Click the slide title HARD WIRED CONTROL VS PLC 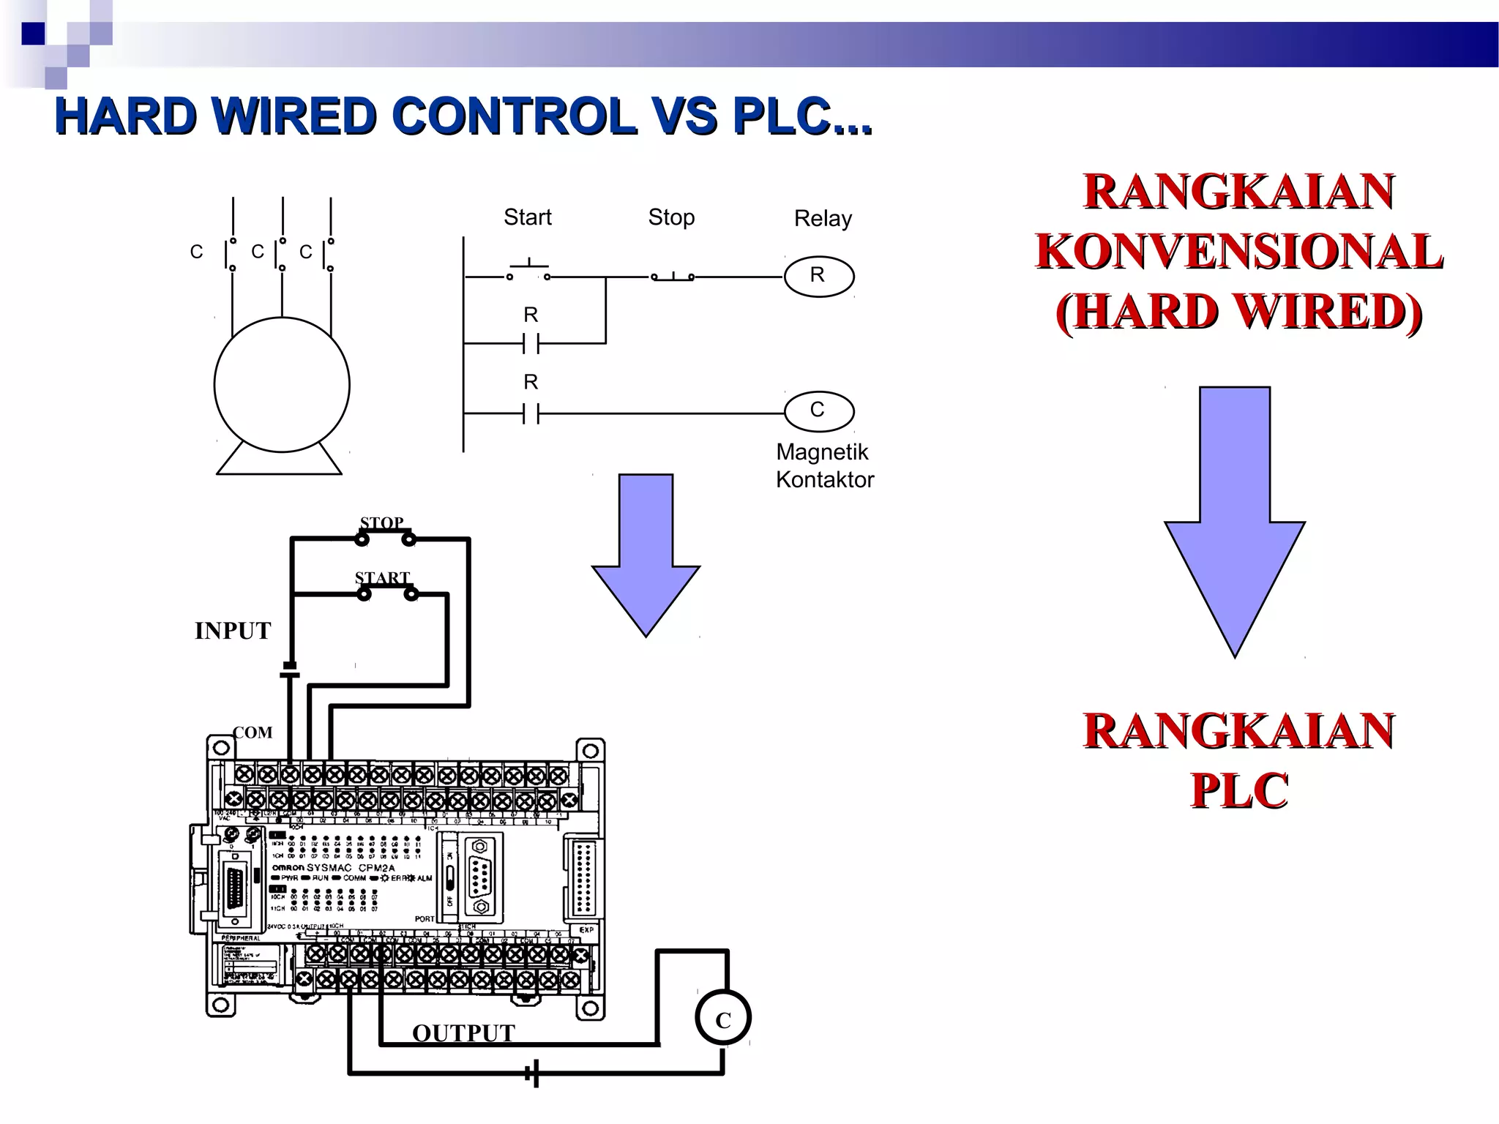coord(463,117)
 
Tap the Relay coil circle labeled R coord(818,276)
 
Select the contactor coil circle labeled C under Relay coord(818,411)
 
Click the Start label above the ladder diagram coord(527,217)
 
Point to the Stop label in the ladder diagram coord(671,217)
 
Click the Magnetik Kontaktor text coord(824,465)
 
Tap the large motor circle coord(282,384)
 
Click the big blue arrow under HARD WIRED coord(1235,520)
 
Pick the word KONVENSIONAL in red coord(1238,252)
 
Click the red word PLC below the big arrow coord(1238,790)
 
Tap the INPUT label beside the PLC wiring coord(233,631)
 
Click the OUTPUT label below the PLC coord(463,1033)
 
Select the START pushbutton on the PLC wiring coord(386,593)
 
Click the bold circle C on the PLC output coord(723,1019)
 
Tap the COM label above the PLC coord(253,733)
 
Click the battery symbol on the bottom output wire coord(534,1074)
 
